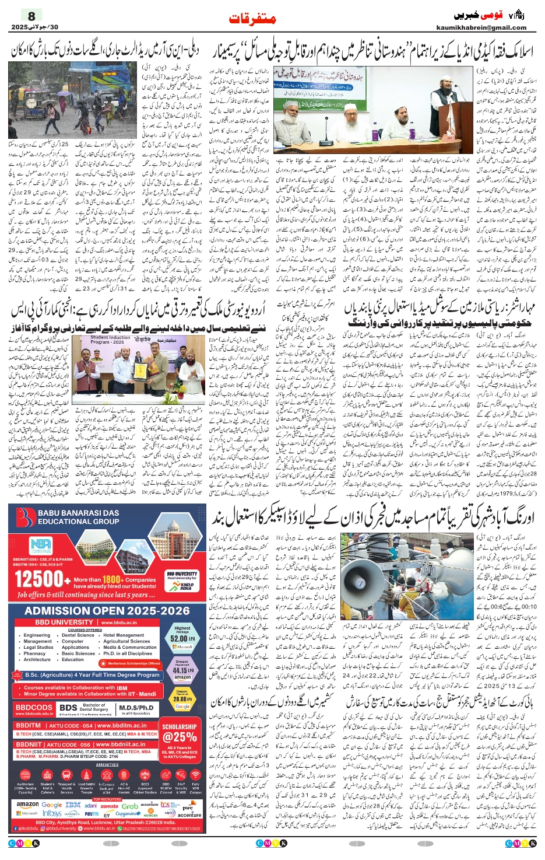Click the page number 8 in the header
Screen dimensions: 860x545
[31, 16]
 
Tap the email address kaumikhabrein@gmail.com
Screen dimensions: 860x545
[481, 27]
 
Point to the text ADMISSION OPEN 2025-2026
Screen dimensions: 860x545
[107, 611]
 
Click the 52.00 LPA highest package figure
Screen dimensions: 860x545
[181, 638]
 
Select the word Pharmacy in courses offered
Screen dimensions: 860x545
[34, 653]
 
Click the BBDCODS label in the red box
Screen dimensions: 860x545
[34, 707]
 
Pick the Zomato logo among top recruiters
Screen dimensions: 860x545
[109, 806]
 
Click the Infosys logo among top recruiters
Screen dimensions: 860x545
[52, 813]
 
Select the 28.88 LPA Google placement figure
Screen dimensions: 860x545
[181, 698]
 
